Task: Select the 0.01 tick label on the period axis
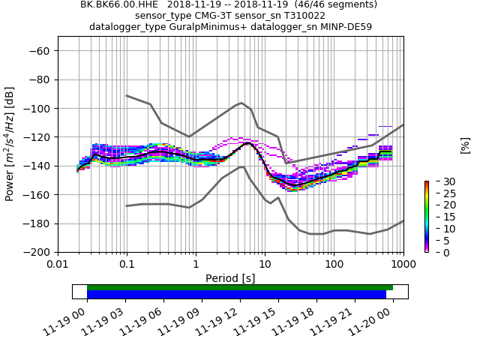[x=58, y=265]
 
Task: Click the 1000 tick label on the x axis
[x=403, y=265]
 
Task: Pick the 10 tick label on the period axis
[x=265, y=265]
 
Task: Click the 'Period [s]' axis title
[x=230, y=278]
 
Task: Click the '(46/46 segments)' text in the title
[x=330, y=4]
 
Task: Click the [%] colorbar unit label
[x=465, y=145]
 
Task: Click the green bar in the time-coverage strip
[x=240, y=287]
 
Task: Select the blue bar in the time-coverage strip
[x=236, y=295]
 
